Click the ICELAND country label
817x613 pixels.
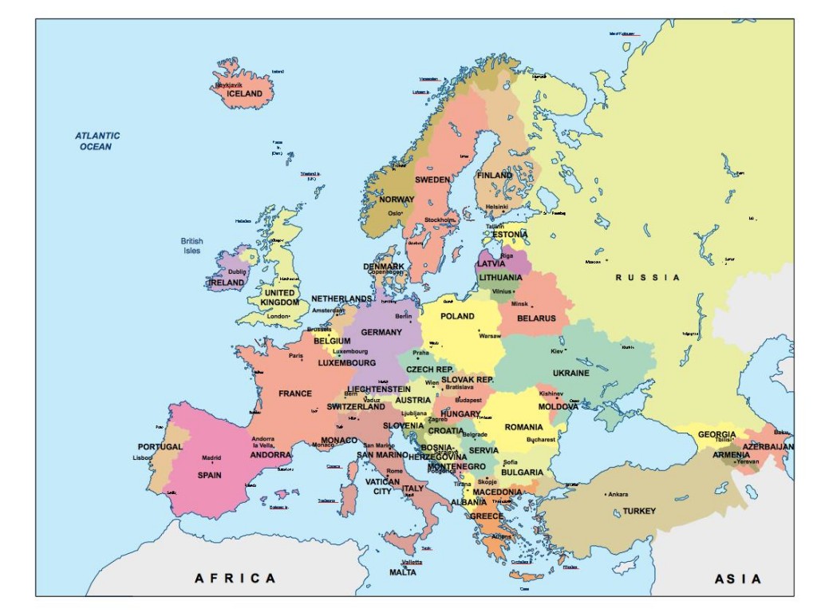click(x=244, y=93)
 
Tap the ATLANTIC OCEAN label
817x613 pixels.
click(x=98, y=141)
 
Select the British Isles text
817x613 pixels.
click(x=191, y=246)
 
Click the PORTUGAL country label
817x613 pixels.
click(x=160, y=447)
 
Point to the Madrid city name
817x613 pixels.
click(x=211, y=458)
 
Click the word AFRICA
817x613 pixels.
click(x=235, y=578)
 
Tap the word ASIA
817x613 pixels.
click(x=737, y=579)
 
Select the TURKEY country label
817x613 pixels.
click(x=639, y=511)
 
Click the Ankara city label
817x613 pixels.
click(x=618, y=494)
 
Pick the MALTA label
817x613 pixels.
click(x=402, y=572)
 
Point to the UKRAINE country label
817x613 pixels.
click(x=571, y=373)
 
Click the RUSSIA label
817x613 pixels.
click(x=648, y=278)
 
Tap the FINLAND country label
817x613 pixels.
click(x=495, y=175)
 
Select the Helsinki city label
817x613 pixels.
click(x=496, y=207)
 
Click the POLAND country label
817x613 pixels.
click(x=457, y=316)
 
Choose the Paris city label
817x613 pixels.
click(x=296, y=356)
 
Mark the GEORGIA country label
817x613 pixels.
click(x=716, y=435)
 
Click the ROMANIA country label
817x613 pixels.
click(x=523, y=427)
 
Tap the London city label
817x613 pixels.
click(x=277, y=316)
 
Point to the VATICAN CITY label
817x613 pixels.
click(x=383, y=486)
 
